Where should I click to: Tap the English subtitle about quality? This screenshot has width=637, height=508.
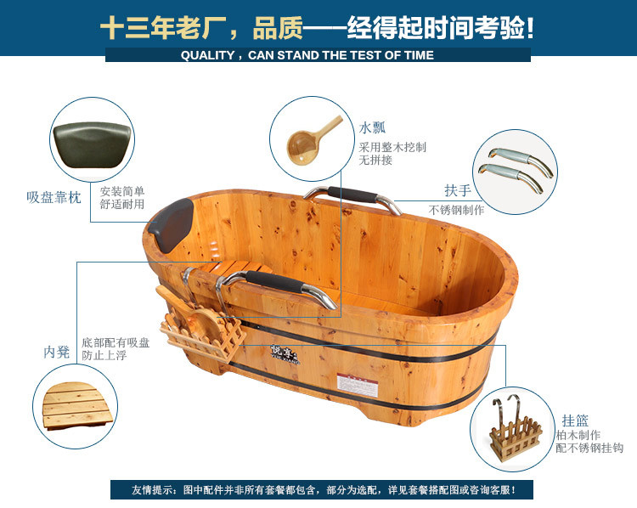pyautogui.click(x=318, y=55)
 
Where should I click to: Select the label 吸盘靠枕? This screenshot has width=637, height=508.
pyautogui.click(x=54, y=197)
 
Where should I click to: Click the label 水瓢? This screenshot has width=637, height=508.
pyautogui.click(x=372, y=128)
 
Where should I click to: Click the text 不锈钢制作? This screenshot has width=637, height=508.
pyautogui.click(x=456, y=210)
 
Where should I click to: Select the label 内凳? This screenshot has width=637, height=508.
pyautogui.click(x=57, y=351)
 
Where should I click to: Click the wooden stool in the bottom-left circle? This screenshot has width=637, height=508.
pyautogui.click(x=74, y=405)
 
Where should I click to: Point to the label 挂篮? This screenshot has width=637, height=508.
pyautogui.click(x=575, y=419)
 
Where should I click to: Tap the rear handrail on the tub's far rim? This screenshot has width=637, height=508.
pyautogui.click(x=352, y=196)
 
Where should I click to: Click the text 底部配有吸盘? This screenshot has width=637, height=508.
pyautogui.click(x=116, y=341)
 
